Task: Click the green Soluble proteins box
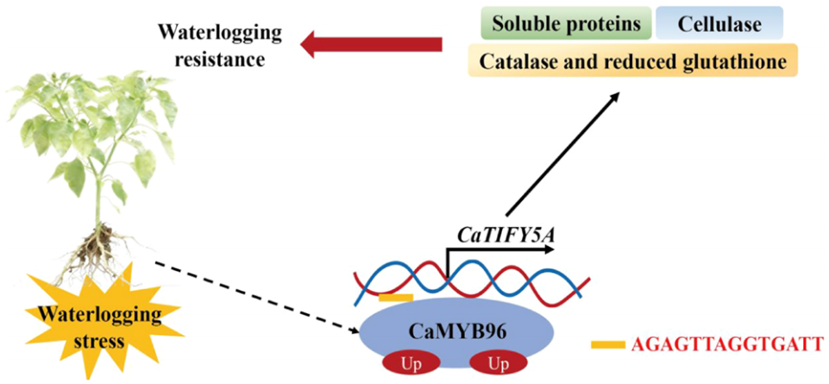[x=566, y=23]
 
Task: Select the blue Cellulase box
[x=719, y=23]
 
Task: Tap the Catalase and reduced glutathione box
[x=632, y=60]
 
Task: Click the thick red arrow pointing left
[x=371, y=44]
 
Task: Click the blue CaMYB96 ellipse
[x=457, y=333]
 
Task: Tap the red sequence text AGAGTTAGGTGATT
[x=727, y=345]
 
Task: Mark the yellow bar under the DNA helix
[x=395, y=297]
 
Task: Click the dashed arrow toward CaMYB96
[x=254, y=296]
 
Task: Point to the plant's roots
[x=109, y=251]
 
